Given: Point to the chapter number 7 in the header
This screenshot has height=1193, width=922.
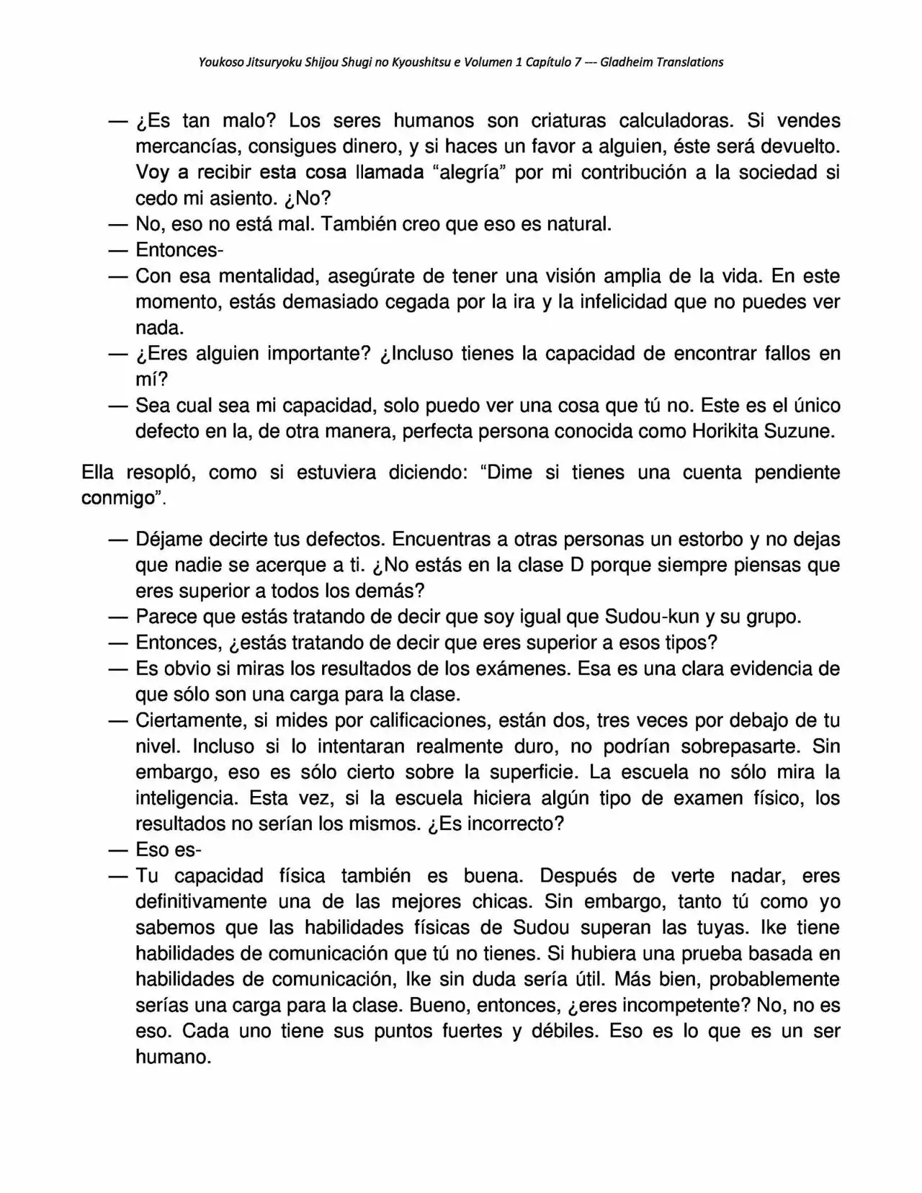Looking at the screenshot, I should pyautogui.click(x=578, y=62).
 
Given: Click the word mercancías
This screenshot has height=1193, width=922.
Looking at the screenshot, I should pyautogui.click(x=180, y=146).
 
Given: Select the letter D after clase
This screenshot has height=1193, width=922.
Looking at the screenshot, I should pyautogui.click(x=576, y=566).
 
